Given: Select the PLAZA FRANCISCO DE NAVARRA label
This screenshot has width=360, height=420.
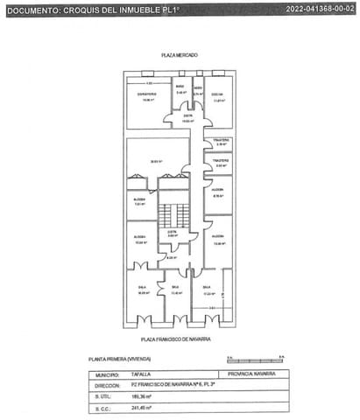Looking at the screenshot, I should point(180,338).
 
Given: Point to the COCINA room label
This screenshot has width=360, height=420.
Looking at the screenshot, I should point(217,95).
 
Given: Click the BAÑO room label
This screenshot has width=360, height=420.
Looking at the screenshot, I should point(180,87).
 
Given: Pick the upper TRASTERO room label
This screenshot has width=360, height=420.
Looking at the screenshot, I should point(222,140).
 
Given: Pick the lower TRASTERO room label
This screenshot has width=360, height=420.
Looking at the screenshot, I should point(222,161).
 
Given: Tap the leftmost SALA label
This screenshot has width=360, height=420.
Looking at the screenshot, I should point(142,288).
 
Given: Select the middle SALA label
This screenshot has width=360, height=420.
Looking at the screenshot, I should point(175,288).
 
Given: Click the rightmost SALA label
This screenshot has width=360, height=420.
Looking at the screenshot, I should point(207,288).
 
